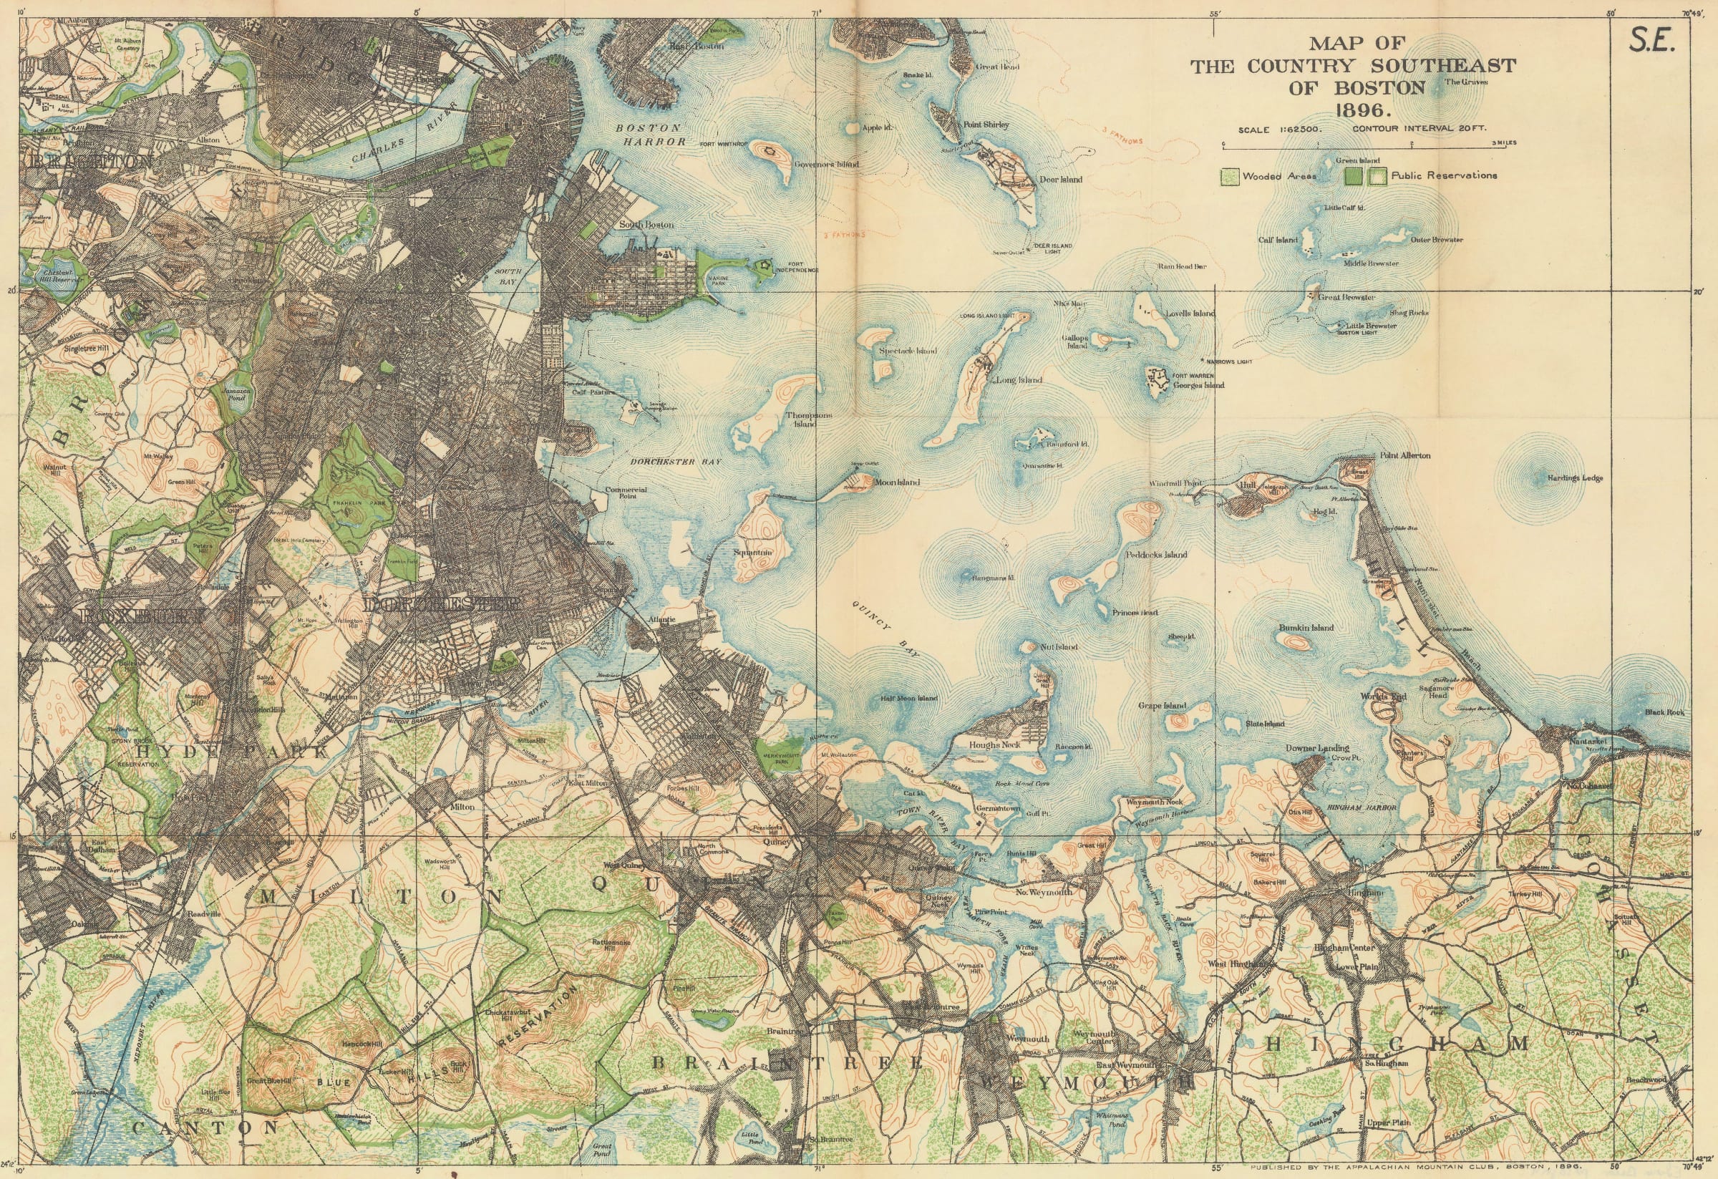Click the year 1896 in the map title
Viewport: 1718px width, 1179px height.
pyautogui.click(x=1352, y=112)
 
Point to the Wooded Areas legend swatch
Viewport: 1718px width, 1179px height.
pyautogui.click(x=1229, y=177)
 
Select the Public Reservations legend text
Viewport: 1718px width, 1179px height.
pyautogui.click(x=1444, y=176)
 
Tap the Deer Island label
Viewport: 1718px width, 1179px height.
pyautogui.click(x=1060, y=180)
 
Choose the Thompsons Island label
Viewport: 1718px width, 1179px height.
pyautogui.click(x=808, y=419)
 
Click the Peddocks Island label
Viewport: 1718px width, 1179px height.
pyautogui.click(x=1156, y=554)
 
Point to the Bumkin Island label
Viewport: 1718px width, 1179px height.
pyautogui.click(x=1306, y=628)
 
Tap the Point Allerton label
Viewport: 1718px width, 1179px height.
pyautogui.click(x=1404, y=455)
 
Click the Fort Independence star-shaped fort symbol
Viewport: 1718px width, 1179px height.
pyautogui.click(x=762, y=265)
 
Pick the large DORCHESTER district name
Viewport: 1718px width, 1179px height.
pyautogui.click(x=444, y=605)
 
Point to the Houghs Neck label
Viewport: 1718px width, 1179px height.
pyautogui.click(x=994, y=745)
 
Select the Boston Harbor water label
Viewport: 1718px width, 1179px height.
pyautogui.click(x=651, y=134)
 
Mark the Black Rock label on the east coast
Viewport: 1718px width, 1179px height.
pyautogui.click(x=1665, y=712)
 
